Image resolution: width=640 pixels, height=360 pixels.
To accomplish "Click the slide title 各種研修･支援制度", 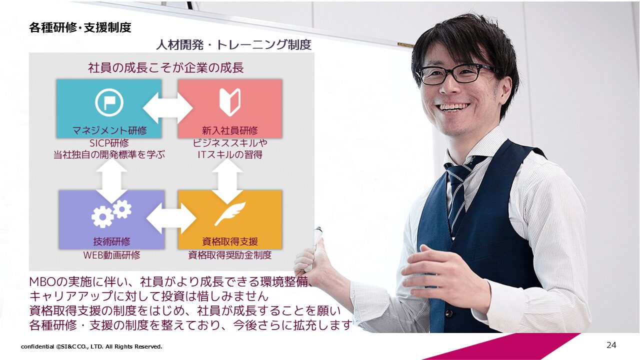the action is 80,27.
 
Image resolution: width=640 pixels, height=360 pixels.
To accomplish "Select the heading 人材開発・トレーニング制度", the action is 233,45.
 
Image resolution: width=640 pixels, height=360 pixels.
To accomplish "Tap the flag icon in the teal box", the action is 109,102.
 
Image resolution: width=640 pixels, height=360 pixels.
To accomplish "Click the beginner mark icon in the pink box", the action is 230,102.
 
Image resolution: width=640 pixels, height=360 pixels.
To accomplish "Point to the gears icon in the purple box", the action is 111,213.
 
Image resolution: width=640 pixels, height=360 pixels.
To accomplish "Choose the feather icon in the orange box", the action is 230,213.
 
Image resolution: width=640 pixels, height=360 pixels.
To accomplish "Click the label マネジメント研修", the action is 109,130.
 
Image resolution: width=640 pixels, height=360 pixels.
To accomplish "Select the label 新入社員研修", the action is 230,130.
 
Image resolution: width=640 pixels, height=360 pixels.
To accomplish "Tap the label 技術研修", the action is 111,241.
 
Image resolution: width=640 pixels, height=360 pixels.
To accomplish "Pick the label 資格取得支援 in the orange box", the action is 230,241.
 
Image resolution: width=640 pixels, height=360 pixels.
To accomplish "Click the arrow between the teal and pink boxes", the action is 167,108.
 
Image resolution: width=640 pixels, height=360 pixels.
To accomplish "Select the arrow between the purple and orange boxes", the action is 171,218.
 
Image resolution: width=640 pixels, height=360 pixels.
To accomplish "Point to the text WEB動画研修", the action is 111,255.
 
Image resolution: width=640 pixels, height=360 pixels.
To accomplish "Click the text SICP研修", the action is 109,143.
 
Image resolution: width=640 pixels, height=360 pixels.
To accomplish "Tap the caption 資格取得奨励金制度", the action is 230,255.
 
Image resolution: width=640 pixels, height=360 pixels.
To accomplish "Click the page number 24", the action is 611,345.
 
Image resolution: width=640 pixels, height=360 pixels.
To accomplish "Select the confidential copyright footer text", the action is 91,346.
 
